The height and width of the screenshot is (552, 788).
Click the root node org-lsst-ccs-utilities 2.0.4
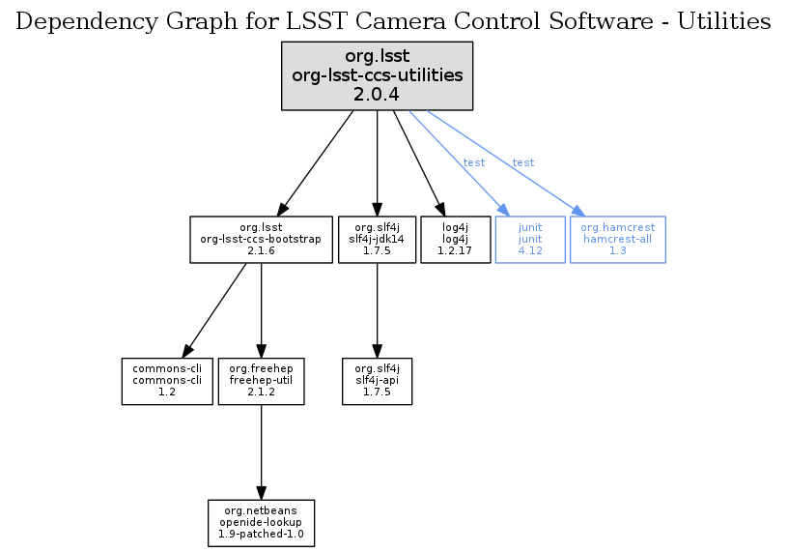[x=377, y=75]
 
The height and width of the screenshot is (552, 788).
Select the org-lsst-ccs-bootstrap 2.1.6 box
[x=261, y=239]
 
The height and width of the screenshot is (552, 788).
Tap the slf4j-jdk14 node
[x=377, y=239]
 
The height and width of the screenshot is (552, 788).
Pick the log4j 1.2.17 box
[x=456, y=239]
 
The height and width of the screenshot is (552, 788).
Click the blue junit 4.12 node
[x=529, y=239]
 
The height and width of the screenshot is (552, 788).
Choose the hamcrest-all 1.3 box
[x=618, y=239]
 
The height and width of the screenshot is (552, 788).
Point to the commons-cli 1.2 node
[x=167, y=381]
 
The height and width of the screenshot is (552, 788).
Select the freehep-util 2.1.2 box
[x=262, y=381]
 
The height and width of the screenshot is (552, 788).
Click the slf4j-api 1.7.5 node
[x=378, y=381]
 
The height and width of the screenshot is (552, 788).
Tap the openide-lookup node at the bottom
[x=261, y=522]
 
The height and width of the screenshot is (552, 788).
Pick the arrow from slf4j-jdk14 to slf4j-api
[x=377, y=309]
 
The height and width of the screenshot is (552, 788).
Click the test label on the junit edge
[x=474, y=162]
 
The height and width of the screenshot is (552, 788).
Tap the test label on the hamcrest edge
[x=523, y=162]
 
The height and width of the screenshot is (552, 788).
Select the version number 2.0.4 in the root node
[x=377, y=94]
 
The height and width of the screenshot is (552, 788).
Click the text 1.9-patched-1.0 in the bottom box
[x=261, y=534]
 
